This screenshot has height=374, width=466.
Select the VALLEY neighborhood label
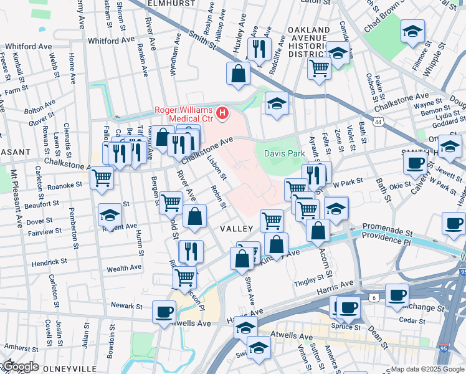point(236,229)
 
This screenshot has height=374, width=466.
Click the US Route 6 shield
point(374,299)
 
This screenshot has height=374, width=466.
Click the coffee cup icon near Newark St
point(164,312)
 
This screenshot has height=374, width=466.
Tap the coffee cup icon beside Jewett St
point(415,164)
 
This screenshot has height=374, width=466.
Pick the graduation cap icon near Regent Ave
point(110,216)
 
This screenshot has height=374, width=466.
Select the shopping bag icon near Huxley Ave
point(239,75)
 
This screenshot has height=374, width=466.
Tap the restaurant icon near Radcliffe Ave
point(257,49)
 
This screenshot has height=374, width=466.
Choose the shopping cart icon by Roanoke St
point(102,178)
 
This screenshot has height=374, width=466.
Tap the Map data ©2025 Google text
point(427,369)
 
